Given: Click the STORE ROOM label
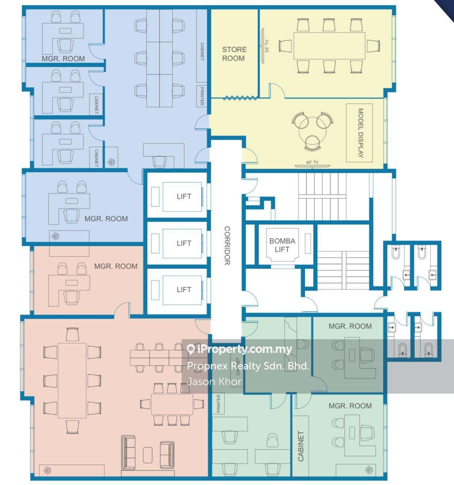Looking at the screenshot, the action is [234, 54].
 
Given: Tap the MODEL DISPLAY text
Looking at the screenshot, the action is [360, 133].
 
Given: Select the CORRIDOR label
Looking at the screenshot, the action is [227, 246].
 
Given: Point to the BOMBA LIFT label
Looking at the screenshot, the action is [282, 245].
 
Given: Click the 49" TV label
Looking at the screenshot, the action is [312, 162].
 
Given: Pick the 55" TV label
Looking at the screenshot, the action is [267, 46].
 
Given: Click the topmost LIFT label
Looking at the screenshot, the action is [184, 196].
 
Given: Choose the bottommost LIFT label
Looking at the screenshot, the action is [184, 289].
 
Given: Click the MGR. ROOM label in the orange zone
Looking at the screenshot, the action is [116, 266].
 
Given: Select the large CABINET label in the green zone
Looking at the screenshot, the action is [301, 446].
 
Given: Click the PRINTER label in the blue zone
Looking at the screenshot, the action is [202, 96].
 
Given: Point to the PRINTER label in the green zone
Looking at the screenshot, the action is [219, 403].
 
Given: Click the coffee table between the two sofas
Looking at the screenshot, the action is [148, 455].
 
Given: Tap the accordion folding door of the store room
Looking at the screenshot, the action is [241, 98].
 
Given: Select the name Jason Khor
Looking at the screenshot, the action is [214, 382].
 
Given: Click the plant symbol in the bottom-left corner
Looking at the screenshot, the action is [47, 470].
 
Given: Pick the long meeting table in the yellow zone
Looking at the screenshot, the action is [329, 46].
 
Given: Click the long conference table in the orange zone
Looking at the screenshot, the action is [72, 380].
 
